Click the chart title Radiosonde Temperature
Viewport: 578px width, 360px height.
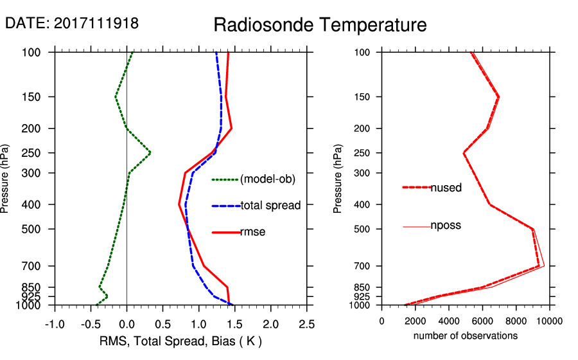tap(320, 25)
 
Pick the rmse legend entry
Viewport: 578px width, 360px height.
tap(252, 232)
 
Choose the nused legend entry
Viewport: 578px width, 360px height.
tap(446, 188)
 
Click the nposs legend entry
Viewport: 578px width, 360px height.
tap(446, 226)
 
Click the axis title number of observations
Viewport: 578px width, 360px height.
tap(465, 336)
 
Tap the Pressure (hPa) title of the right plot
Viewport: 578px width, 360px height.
tap(338, 179)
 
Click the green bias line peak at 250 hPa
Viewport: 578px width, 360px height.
tap(150, 153)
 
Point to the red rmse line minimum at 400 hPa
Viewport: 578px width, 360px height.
tap(179, 204)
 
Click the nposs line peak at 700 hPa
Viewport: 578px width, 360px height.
tap(544, 265)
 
